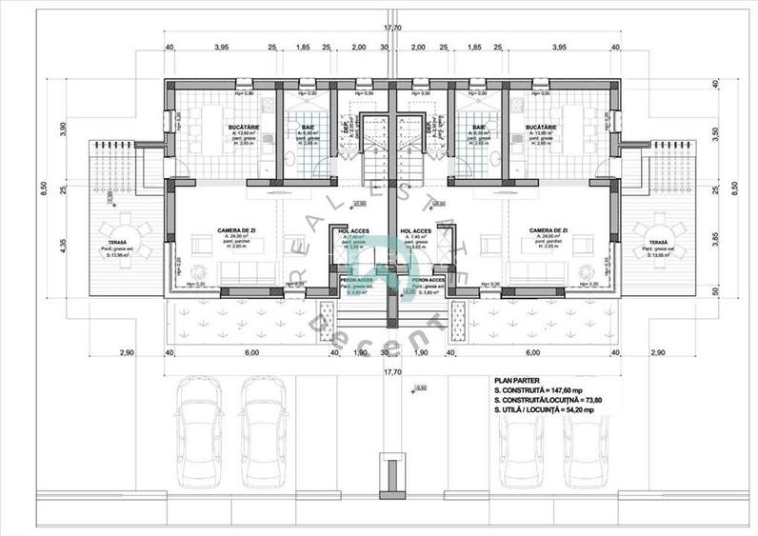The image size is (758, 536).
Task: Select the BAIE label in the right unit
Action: (479, 127)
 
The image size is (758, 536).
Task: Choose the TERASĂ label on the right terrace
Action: (658, 244)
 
